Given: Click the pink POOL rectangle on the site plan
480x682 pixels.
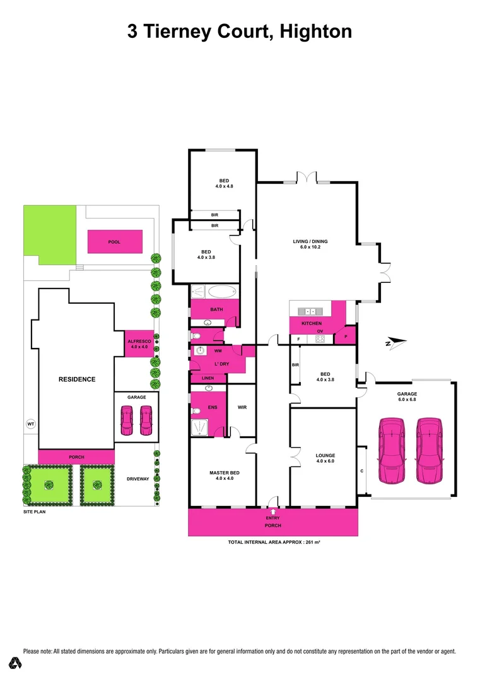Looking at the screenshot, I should pos(114,241).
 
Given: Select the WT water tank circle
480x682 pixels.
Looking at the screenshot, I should pos(30,424).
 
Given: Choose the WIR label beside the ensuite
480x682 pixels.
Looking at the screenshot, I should pos(242,407).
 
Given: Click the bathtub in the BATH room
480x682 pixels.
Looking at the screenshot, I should pos(221,292).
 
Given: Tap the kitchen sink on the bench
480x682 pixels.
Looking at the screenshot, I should pos(311,311).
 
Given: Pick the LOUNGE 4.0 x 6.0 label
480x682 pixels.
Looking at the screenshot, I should pos(325,458).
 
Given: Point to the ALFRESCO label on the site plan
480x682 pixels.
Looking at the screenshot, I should pos(137,343).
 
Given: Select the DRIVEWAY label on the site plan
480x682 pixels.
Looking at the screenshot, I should pos(137,479).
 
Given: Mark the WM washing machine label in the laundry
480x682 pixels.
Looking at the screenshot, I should pos(218,350).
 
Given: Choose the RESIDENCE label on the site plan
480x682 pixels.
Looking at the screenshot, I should pos(77,379).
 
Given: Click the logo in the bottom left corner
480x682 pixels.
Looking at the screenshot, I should pos(16,663).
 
